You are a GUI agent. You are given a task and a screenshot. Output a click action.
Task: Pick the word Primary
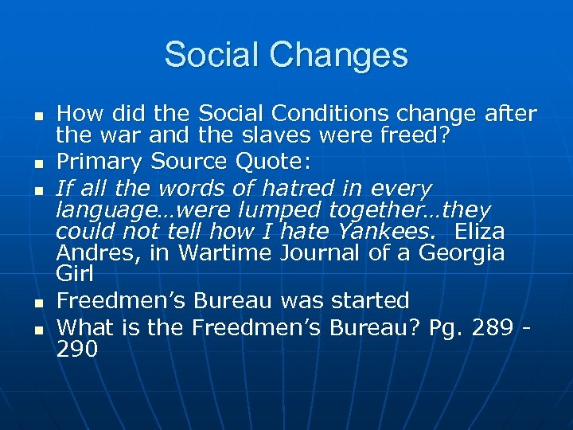tap(98, 162)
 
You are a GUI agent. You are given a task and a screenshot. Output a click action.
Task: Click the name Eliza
tap(476, 231)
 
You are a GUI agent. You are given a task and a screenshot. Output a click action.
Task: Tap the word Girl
tap(75, 273)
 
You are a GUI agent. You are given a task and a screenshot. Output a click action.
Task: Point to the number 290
tap(77, 348)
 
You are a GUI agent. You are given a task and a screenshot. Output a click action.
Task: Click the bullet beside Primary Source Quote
tap(37, 164)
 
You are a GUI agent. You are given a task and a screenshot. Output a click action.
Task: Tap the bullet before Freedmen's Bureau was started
tap(37, 303)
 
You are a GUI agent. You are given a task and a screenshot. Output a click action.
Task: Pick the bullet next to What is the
tap(37, 329)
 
